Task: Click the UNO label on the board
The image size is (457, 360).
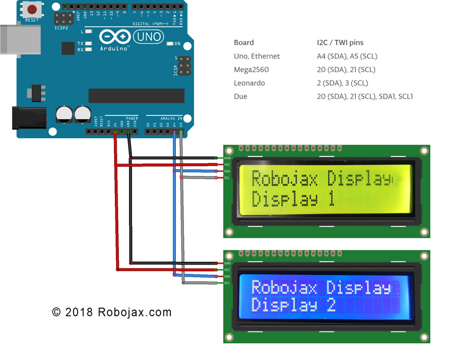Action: [148, 37]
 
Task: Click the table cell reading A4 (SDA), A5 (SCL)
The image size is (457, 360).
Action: [347, 56]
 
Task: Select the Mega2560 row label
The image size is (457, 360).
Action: [251, 70]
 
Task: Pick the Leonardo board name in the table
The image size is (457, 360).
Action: [250, 83]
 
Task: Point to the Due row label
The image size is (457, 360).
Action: [240, 97]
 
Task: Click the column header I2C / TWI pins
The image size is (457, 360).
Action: [340, 42]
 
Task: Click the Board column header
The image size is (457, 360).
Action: [244, 42]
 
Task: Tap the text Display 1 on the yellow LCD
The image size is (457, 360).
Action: [293, 200]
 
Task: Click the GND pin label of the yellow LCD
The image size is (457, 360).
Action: [227, 158]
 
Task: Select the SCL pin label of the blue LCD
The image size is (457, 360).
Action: [227, 283]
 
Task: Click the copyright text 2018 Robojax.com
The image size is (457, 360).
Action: [111, 312]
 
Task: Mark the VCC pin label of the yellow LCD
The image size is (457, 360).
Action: [227, 165]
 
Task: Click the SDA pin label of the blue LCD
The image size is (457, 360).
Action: [227, 276]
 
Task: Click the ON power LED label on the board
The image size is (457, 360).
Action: [178, 44]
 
